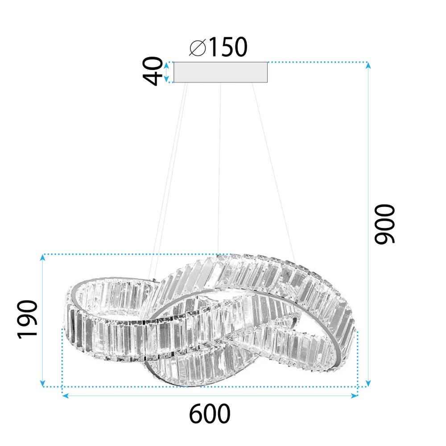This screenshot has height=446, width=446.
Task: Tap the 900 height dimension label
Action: click(384, 224)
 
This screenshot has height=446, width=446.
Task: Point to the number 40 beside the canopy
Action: click(153, 71)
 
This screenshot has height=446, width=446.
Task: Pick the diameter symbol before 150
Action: click(197, 47)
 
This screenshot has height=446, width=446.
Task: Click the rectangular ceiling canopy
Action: click(221, 72)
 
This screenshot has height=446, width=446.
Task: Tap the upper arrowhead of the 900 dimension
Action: click(368, 65)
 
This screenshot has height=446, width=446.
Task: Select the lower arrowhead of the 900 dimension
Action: click(368, 384)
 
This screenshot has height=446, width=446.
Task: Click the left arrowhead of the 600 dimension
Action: click(65, 396)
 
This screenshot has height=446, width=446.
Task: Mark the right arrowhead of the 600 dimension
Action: click(355, 396)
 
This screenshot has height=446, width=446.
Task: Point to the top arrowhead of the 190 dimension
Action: click(43, 257)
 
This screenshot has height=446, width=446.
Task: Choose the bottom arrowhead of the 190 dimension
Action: click(43, 384)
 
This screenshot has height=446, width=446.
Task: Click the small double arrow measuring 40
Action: click(166, 72)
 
